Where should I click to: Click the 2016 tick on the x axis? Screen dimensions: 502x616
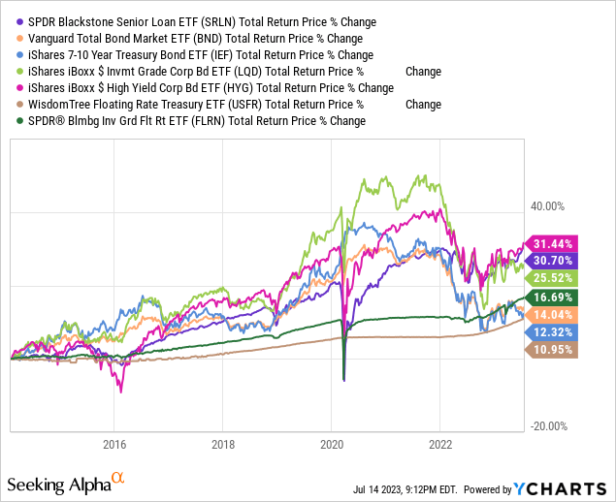[x=114, y=445]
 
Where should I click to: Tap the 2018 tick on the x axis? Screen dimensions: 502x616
[x=223, y=445]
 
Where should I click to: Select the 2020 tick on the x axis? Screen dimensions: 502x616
[x=332, y=445]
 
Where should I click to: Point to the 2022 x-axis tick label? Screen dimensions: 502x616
[x=440, y=445]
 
